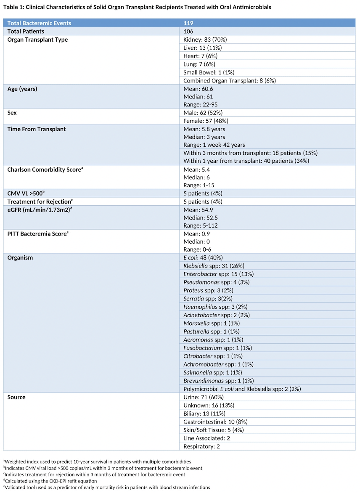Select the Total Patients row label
pyautogui.click(x=26, y=31)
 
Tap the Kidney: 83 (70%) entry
pyautogui.click(x=205, y=40)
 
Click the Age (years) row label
pyautogui.click(x=24, y=89)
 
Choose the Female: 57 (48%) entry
pyautogui.click(x=203, y=121)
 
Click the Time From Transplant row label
pyautogui.click(x=37, y=129)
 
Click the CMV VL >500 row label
pyautogui.click(x=26, y=193)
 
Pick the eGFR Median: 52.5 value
pyautogui.click(x=201, y=217)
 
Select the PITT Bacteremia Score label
pyautogui.click(x=37, y=233)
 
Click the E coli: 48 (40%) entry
pyautogui.click(x=203, y=257)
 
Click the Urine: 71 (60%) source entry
pyautogui.click(x=204, y=397)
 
